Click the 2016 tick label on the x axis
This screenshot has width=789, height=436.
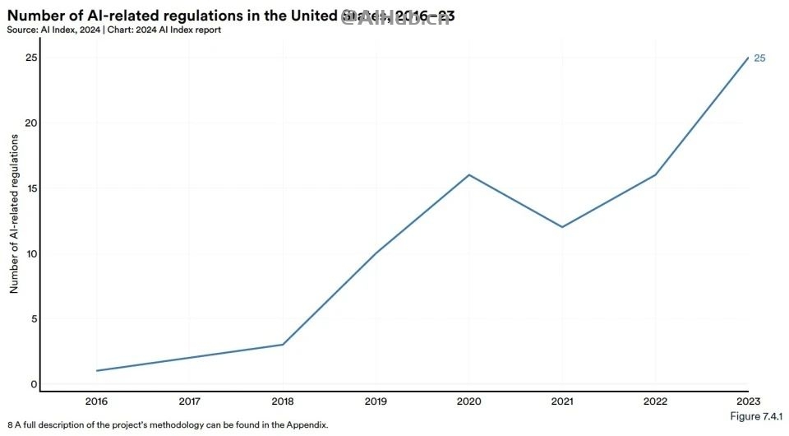[97, 402]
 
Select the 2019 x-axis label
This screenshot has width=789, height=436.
[376, 402]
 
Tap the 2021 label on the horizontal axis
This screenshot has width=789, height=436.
[561, 402]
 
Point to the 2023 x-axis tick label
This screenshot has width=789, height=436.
[747, 402]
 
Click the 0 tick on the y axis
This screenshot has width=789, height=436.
[34, 384]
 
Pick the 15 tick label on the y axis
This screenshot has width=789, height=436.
[30, 188]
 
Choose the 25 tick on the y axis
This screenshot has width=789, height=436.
[30, 58]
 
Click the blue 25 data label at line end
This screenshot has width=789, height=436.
[760, 58]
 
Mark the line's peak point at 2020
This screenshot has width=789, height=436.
[468, 174]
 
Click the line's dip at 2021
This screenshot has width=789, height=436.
[561, 227]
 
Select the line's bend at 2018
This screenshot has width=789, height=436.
[283, 345]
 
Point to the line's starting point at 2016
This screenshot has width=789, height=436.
[97, 371]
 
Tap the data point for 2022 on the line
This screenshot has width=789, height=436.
[654, 174]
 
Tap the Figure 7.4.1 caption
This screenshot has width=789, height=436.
[756, 417]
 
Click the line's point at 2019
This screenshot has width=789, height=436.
[376, 253]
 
